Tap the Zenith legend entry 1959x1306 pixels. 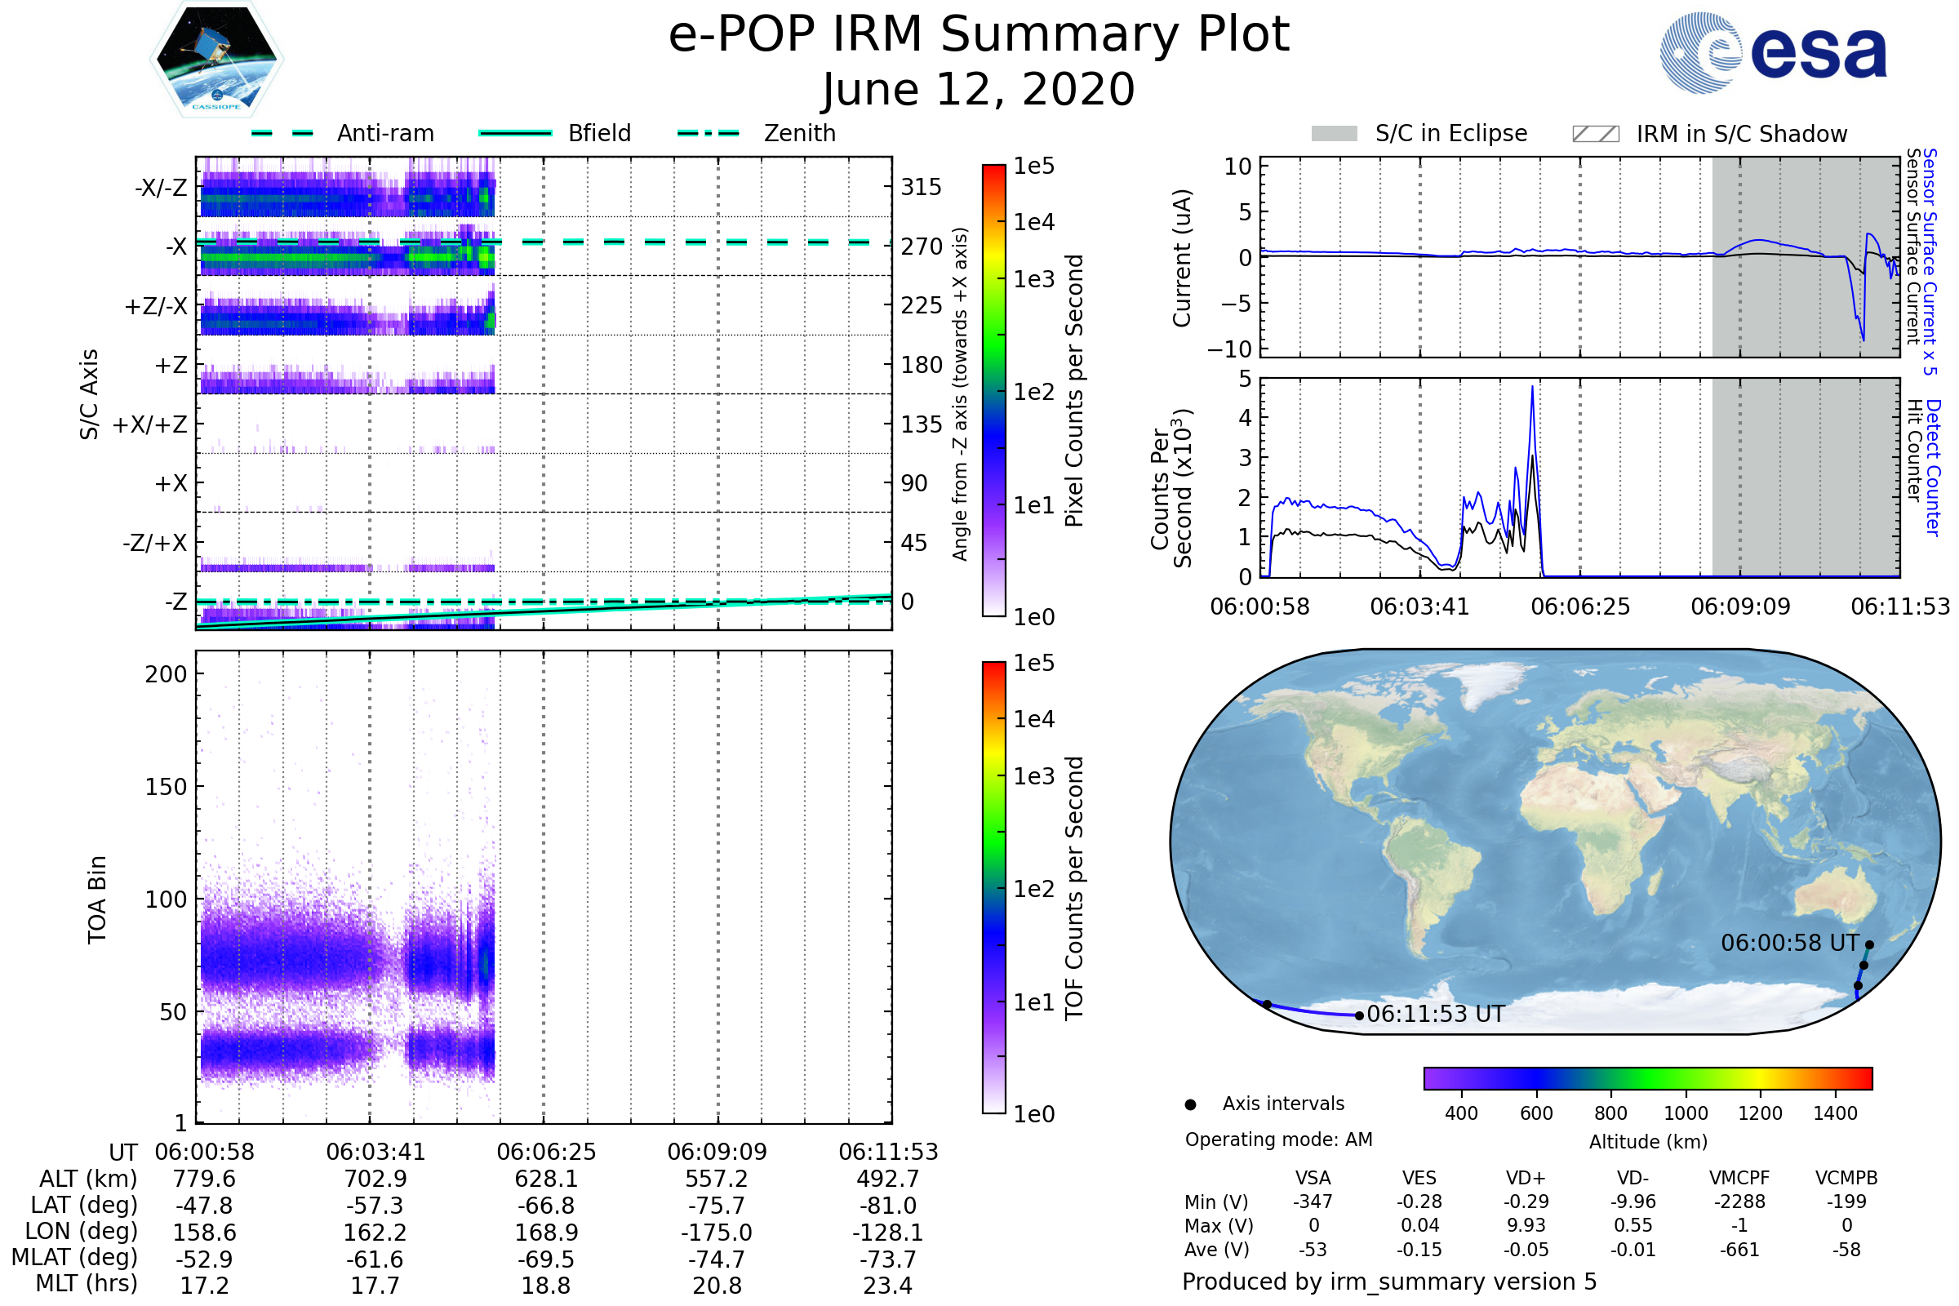pos(799,133)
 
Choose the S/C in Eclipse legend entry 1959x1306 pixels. pos(1450,133)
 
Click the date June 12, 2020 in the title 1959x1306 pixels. pos(978,89)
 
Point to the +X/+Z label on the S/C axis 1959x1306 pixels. pos(150,424)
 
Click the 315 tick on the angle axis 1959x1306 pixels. pos(921,187)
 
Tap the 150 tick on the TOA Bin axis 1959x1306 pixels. pos(166,787)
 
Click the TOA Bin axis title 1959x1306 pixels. pos(96,899)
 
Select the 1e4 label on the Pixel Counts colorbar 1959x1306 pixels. pos(1033,222)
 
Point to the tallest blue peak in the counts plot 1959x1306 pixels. pos(1532,387)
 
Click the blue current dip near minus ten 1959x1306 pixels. pos(1863,338)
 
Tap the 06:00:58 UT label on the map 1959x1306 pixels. pos(1789,943)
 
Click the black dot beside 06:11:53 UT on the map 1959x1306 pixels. pos(1359,1015)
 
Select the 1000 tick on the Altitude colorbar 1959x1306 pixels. pos(1685,1113)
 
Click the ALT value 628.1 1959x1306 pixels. pos(545,1179)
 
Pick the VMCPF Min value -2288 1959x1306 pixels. pos(1739,1202)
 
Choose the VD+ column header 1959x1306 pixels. pos(1526,1179)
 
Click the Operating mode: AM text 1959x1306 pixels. pos(1278,1139)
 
